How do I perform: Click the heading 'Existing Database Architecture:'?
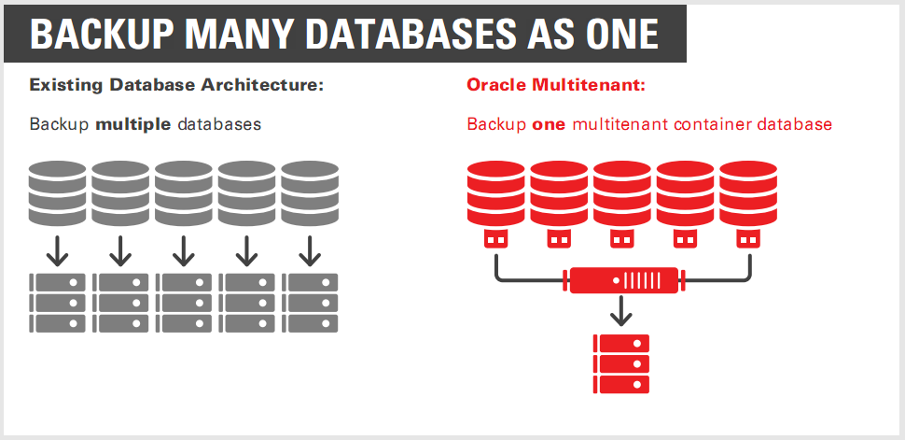tap(176, 85)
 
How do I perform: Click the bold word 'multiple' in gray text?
tap(132, 124)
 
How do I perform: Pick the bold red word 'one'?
tap(549, 124)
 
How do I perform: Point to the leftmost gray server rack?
tap(58, 303)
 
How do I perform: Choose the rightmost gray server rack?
tap(310, 303)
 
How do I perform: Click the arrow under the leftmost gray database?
tap(58, 249)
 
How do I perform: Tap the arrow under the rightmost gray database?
tap(310, 249)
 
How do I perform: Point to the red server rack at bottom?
tap(621, 362)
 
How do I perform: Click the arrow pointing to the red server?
tap(622, 310)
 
